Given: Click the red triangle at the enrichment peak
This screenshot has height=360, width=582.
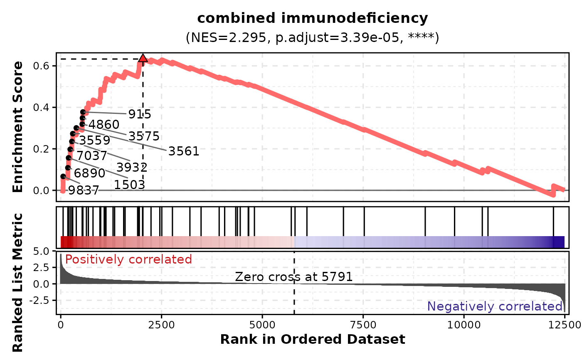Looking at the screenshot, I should [143, 58].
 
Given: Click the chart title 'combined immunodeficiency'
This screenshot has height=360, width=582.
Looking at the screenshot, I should [312, 18].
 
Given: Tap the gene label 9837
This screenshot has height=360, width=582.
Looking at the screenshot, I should [84, 190].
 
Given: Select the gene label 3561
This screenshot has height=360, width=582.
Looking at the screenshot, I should [184, 151].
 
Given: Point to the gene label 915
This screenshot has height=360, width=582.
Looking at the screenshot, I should [140, 114].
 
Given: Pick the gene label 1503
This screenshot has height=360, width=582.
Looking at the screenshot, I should [129, 185].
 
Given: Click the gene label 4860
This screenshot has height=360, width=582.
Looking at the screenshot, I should [104, 125].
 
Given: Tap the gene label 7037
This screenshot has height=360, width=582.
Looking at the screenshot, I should [92, 156].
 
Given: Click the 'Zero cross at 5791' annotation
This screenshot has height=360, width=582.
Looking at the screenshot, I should [294, 277].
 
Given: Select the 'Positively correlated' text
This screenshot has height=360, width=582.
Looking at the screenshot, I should [128, 260].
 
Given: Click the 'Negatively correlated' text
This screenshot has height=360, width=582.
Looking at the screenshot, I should [495, 307].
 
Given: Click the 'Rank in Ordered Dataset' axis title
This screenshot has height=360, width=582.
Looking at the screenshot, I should [312, 340].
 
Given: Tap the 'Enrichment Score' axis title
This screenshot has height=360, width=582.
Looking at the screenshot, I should [17, 127].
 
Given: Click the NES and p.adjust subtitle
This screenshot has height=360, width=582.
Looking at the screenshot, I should [312, 38].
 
